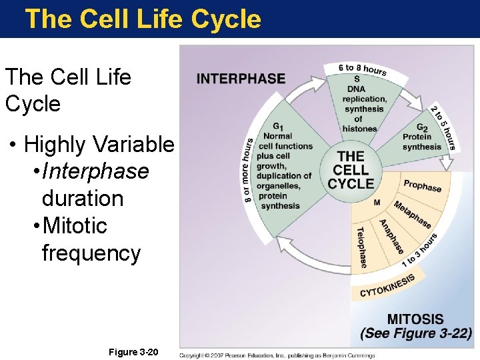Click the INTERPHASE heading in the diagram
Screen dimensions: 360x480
pyautogui.click(x=241, y=78)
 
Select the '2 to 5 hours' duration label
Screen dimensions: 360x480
pyautogui.click(x=442, y=128)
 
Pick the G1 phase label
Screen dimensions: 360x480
pyautogui.click(x=277, y=127)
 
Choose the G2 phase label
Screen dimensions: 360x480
pyautogui.click(x=421, y=127)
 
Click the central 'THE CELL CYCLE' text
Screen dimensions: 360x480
pyautogui.click(x=351, y=170)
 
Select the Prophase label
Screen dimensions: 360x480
pyautogui.click(x=422, y=185)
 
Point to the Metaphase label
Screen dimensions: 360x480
pyautogui.click(x=412, y=214)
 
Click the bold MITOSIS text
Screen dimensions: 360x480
pyautogui.click(x=415, y=319)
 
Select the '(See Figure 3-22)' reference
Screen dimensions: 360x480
pyautogui.click(x=416, y=334)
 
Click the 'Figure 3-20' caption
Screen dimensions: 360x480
pyautogui.click(x=133, y=351)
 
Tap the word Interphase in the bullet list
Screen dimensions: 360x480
pyautogui.click(x=95, y=171)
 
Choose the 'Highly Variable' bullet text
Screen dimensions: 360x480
pyautogui.click(x=99, y=144)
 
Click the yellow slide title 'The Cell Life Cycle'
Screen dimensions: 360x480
pyautogui.click(x=143, y=19)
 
